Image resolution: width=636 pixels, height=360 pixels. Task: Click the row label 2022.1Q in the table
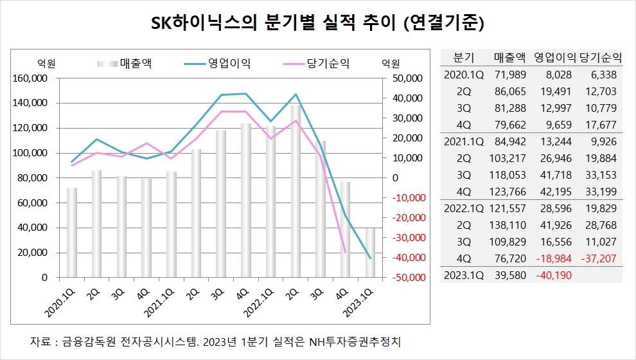(x=464, y=208)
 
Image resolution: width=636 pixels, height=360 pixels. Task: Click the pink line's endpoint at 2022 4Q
(x=345, y=252)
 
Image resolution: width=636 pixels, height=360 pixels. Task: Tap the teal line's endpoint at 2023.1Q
(x=370, y=258)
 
